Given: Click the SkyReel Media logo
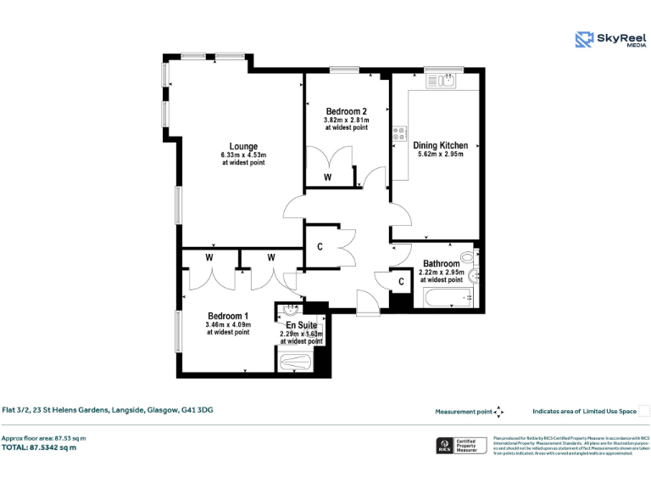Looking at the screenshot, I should [x=609, y=40].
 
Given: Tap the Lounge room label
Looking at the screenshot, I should [x=243, y=147].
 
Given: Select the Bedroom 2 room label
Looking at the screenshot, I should [x=346, y=112].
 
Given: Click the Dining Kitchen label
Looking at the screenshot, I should [x=440, y=145].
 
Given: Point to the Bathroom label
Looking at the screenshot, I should [x=441, y=264].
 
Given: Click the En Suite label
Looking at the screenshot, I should [x=301, y=325].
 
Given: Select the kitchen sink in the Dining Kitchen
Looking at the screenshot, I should [x=447, y=81].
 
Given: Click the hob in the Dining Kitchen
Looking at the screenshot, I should [x=399, y=133].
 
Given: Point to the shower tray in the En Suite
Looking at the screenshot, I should [x=295, y=362].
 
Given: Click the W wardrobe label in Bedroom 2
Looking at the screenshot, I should [x=327, y=177].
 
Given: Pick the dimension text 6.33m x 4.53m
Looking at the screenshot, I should [x=243, y=155].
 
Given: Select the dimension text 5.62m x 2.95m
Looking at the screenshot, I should [x=440, y=155].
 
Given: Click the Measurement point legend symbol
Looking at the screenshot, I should [x=499, y=412].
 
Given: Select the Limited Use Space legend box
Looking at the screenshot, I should [x=643, y=412].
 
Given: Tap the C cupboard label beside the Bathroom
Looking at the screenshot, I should [x=401, y=282].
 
